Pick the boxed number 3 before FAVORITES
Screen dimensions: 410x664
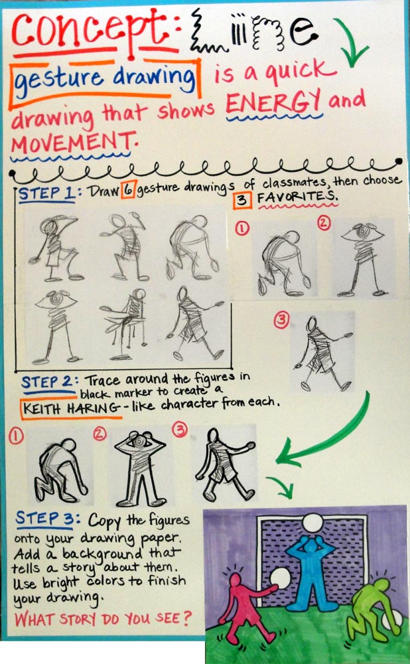[x=241, y=199]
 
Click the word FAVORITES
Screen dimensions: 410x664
[x=297, y=197]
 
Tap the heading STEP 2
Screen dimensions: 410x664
[x=47, y=382]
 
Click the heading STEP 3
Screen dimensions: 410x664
[x=47, y=519]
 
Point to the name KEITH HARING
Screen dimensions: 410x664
[x=71, y=408]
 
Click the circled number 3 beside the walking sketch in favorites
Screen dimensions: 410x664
[x=281, y=320]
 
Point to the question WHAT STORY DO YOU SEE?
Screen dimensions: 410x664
[x=103, y=619]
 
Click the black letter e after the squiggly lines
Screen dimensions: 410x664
[x=303, y=33]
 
